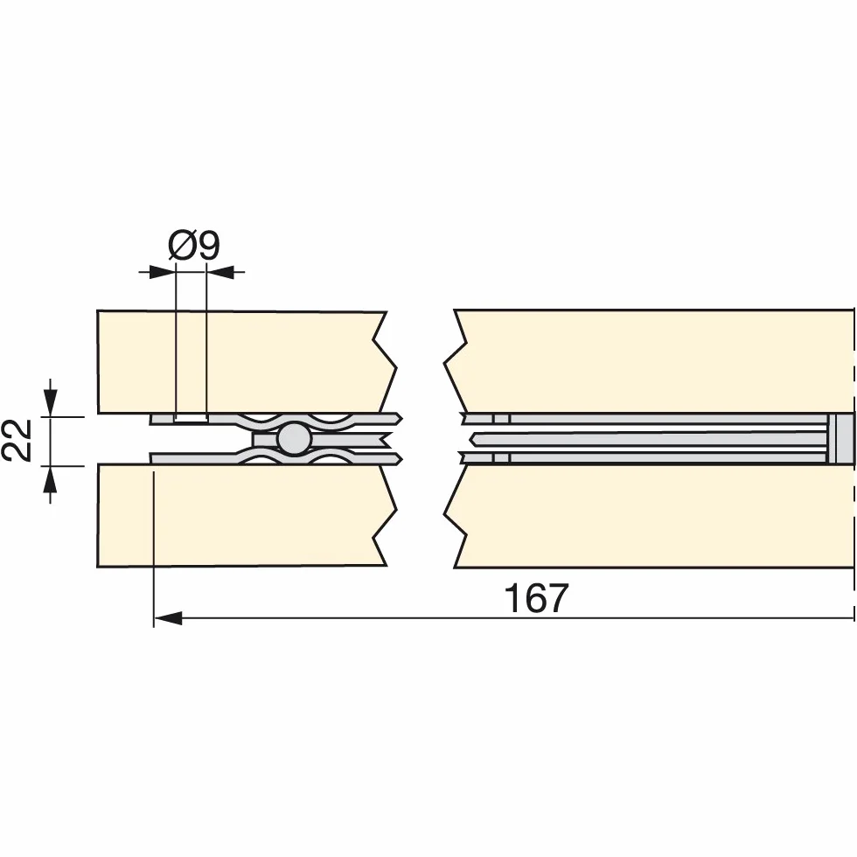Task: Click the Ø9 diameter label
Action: coord(194,246)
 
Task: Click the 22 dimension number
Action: coord(17,441)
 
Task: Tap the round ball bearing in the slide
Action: coord(294,438)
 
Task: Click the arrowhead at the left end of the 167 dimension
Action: coord(168,618)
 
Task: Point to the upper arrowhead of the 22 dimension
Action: coord(51,403)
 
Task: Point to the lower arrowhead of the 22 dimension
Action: coord(51,479)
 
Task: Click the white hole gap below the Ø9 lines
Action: coord(191,418)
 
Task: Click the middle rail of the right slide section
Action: coord(648,439)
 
